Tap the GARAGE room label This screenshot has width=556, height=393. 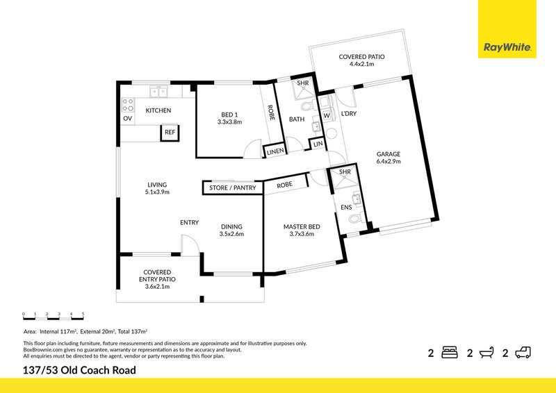(389, 154)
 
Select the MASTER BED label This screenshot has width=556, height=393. (302, 226)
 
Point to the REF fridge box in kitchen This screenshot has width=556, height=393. (170, 132)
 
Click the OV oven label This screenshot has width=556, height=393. (127, 119)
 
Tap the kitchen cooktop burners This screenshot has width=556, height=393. (128, 104)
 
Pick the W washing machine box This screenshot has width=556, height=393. (326, 115)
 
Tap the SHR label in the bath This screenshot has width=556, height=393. (302, 83)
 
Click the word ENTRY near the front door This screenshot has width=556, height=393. (189, 223)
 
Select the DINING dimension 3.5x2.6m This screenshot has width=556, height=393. (231, 234)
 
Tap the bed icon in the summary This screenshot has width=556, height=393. (450, 353)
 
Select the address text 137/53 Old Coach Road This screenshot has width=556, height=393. (80, 370)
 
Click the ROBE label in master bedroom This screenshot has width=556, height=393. (284, 185)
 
